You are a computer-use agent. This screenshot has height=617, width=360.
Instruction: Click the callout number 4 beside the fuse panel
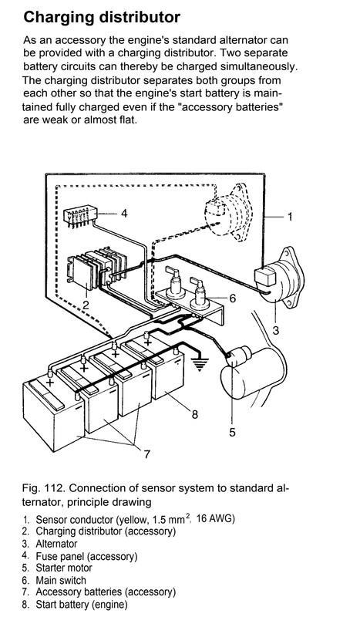(x=124, y=214)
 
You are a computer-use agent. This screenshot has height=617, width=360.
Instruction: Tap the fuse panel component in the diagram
(x=79, y=216)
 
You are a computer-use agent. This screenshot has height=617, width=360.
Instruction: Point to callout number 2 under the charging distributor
(x=86, y=305)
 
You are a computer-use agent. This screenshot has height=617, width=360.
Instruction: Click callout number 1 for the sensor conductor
(x=290, y=216)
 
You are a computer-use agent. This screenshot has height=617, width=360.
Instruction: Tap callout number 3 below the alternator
(x=275, y=330)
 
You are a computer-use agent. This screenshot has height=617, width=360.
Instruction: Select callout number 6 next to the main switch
(x=233, y=298)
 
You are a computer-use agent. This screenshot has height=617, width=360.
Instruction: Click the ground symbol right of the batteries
(x=200, y=365)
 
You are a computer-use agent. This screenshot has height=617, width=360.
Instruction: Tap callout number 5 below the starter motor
(x=232, y=432)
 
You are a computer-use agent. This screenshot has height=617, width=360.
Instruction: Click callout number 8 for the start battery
(x=195, y=414)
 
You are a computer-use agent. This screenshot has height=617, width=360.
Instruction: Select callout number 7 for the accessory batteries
(x=146, y=454)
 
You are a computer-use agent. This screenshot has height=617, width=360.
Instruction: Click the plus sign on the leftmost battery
(x=50, y=381)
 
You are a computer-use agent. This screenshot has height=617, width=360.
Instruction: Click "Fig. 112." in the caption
(x=44, y=488)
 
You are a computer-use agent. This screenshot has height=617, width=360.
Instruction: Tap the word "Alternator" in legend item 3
(x=57, y=544)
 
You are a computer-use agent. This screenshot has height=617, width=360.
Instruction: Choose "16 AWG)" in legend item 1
(x=216, y=519)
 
